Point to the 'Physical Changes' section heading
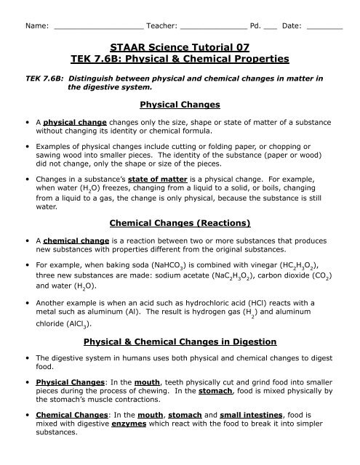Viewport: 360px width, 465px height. click(x=180, y=105)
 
